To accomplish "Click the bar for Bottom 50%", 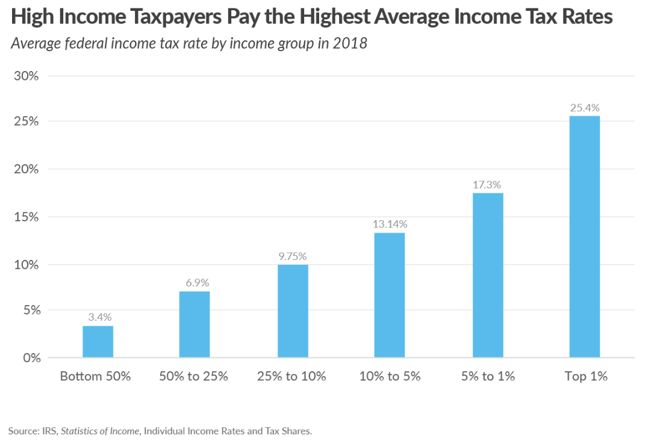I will (98, 342).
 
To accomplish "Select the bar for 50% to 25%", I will (195, 325).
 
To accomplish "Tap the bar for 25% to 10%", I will (293, 311).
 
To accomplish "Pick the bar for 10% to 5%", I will (390, 295).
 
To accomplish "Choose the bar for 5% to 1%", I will (488, 276).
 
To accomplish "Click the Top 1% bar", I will (585, 237).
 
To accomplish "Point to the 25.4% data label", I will (585, 108).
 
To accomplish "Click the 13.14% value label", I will (390, 224).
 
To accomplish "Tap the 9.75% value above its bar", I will (293, 256).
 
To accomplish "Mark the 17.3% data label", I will (488, 185).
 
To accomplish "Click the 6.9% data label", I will (195, 283).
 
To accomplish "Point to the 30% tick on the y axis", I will (26, 76).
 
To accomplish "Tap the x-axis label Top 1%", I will (585, 377).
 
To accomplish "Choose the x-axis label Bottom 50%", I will (95, 377).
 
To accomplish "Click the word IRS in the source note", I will (51, 431).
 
